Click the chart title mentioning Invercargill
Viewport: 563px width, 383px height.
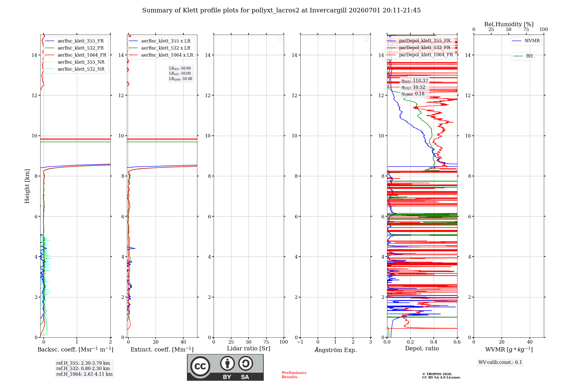[x=281, y=10]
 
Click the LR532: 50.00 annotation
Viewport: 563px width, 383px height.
[x=180, y=74]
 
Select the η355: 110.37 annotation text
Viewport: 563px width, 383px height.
[x=415, y=81]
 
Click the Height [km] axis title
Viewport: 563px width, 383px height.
[x=27, y=186]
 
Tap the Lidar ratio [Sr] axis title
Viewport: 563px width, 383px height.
[x=249, y=349]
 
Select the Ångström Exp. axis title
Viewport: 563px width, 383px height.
[x=336, y=350]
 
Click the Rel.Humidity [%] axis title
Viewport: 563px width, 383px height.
[x=509, y=24]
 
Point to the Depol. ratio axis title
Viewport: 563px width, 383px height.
[x=422, y=349]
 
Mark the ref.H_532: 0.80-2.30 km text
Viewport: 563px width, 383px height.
[x=83, y=369]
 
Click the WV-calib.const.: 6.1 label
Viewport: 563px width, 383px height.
[x=500, y=362]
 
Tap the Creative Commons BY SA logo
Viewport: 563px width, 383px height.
[x=225, y=368]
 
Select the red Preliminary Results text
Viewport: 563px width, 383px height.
[x=294, y=375]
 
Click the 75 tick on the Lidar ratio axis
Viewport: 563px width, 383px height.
[x=266, y=342]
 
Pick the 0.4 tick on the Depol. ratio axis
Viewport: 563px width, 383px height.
[x=434, y=342]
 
